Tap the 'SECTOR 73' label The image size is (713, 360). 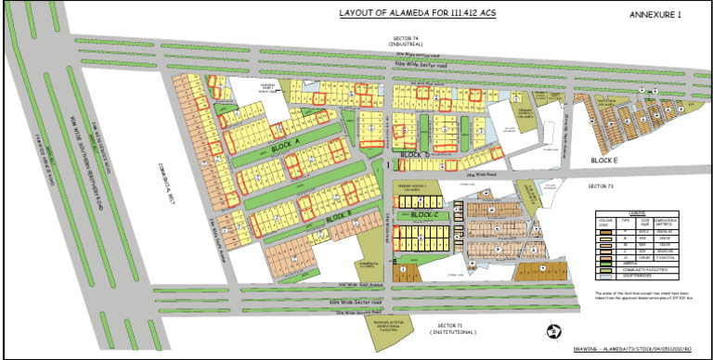tap(602, 186)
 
